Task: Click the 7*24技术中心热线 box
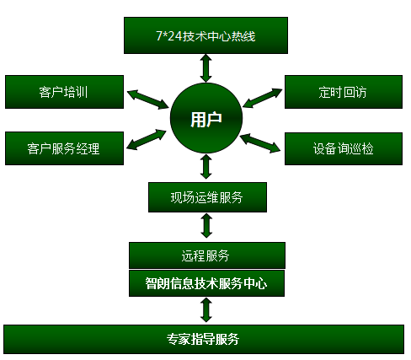(205, 35)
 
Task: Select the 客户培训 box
(64, 92)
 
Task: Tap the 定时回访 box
(344, 92)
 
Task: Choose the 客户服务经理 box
(64, 148)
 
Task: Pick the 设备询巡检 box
(344, 148)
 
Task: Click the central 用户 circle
(206, 118)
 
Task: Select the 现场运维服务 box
(207, 197)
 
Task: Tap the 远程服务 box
(207, 255)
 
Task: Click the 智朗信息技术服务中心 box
(206, 283)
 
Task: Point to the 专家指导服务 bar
(204, 339)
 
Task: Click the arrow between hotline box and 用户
(206, 68)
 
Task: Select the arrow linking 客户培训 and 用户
(147, 99)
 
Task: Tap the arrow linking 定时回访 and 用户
(263, 98)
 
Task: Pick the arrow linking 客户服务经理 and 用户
(147, 139)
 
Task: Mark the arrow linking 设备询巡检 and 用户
(260, 143)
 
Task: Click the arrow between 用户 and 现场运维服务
(206, 167)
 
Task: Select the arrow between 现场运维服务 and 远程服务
(206, 226)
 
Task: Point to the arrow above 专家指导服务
(206, 310)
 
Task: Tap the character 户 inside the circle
(215, 119)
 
